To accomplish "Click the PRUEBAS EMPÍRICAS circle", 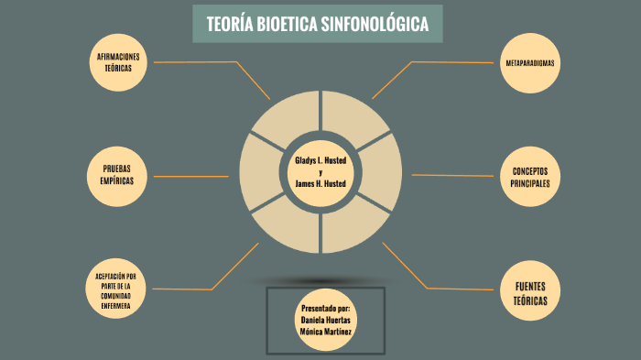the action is point(117,175).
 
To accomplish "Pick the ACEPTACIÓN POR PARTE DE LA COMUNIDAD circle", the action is point(116,290).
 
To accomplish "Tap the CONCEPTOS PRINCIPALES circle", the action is point(530,178).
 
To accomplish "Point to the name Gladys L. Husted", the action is point(320,160).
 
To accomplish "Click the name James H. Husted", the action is point(320,183).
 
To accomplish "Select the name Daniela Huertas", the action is point(325,320).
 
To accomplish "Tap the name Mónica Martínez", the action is point(325,332).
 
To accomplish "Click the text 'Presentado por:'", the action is point(325,308).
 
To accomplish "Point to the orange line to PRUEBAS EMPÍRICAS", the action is point(197,174).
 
